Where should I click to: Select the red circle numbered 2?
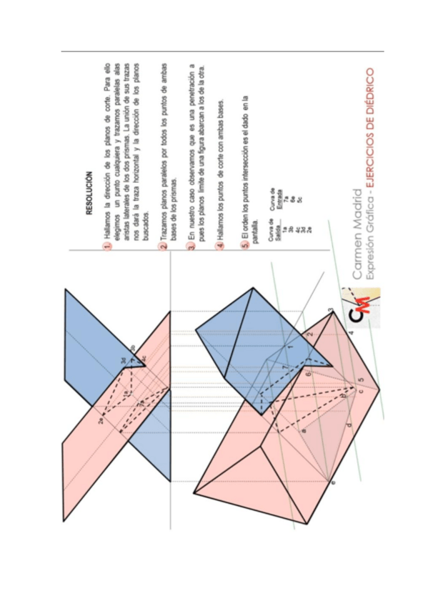(x=164, y=247)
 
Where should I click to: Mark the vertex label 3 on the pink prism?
(x=330, y=311)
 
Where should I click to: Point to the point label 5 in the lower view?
(x=361, y=380)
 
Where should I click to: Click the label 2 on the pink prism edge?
(x=309, y=333)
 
